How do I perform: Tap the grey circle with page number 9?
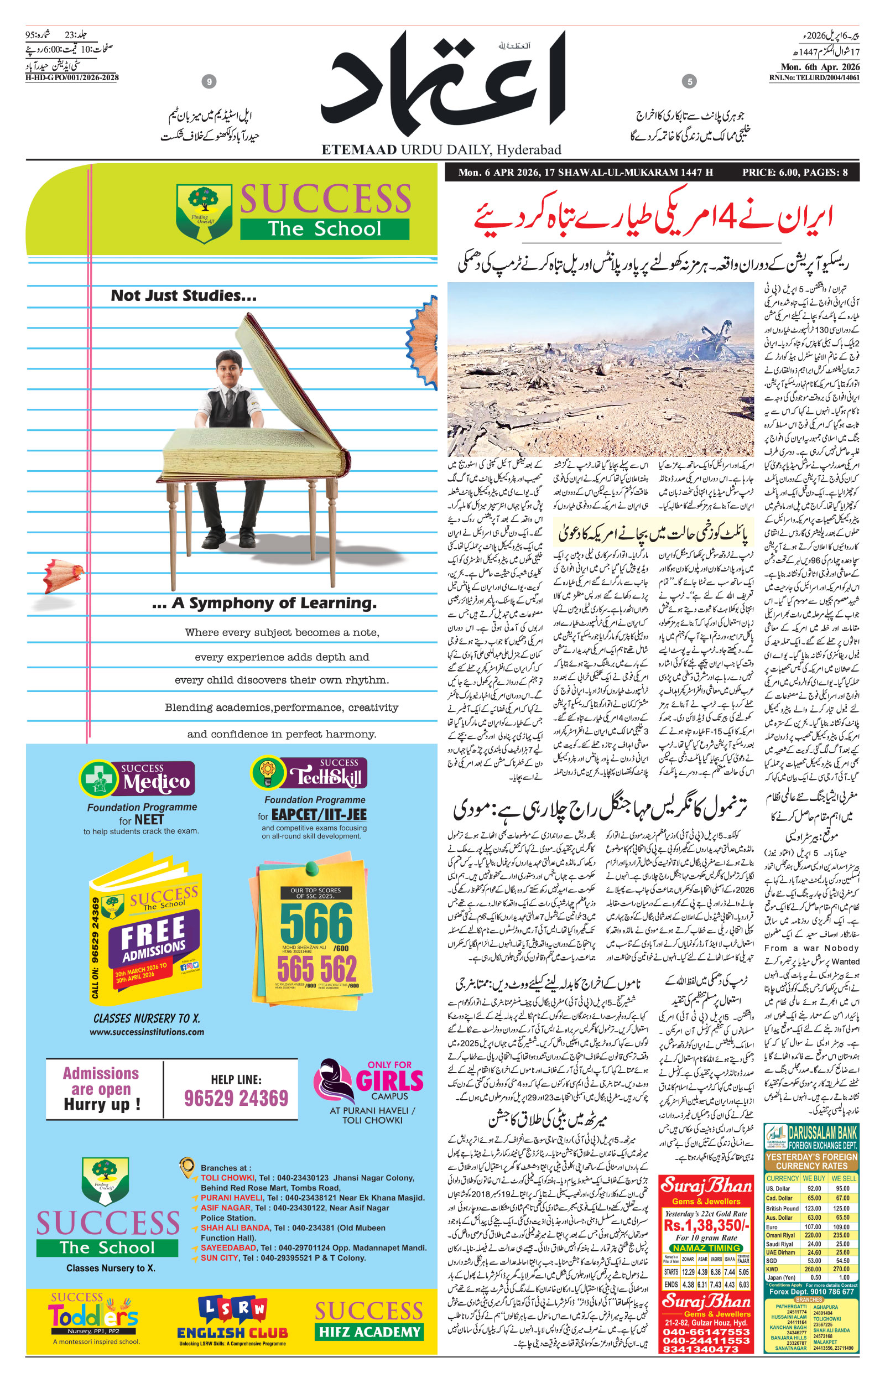pyautogui.click(x=209, y=81)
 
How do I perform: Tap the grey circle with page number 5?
pyautogui.click(x=689, y=81)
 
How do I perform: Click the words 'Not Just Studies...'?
pyautogui.click(x=183, y=295)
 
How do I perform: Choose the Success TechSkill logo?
pyautogui.click(x=309, y=773)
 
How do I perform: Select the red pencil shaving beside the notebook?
pyautogui.click(x=62, y=575)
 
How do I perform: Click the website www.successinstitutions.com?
pyautogui.click(x=147, y=1032)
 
